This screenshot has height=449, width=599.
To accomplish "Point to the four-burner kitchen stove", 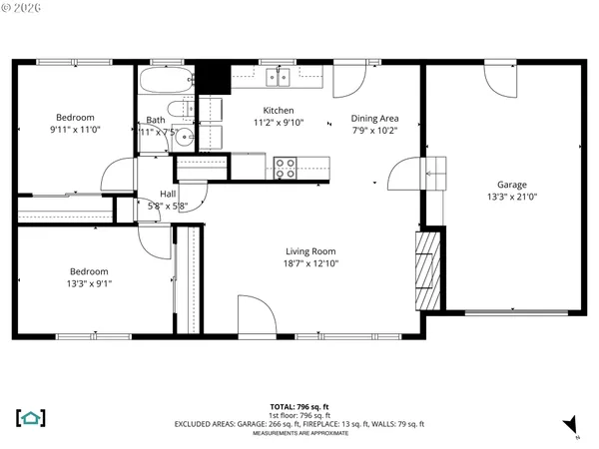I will (x=285, y=168).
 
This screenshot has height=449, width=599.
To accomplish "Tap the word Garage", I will (x=512, y=185).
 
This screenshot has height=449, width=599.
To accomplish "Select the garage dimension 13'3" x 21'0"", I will (x=512, y=197).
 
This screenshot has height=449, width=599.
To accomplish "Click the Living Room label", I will (x=310, y=251).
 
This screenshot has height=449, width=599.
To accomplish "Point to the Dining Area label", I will (x=374, y=118).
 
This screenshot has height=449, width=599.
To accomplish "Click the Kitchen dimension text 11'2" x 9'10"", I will (x=278, y=122).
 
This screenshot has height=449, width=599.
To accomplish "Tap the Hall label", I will (x=168, y=194).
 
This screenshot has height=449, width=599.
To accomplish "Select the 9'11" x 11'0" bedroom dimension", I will (x=76, y=129).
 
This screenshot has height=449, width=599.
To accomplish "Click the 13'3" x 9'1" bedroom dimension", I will (x=89, y=283).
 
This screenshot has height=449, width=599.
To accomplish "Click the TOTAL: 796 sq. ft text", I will (x=299, y=407).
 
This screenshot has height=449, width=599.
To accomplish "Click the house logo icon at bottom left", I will (x=29, y=417).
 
